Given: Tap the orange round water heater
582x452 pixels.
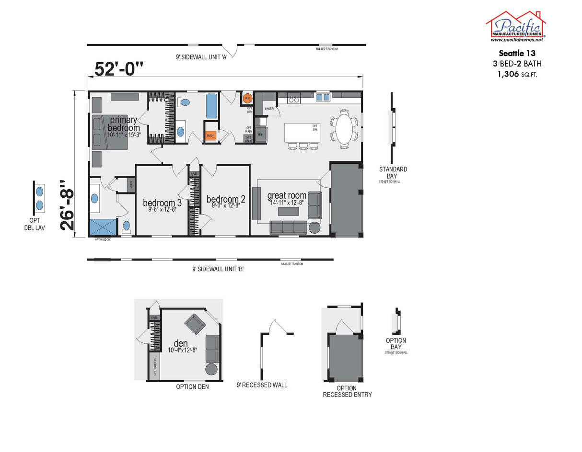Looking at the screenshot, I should pyautogui.click(x=247, y=99).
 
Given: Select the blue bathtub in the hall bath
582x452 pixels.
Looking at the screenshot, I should pyautogui.click(x=211, y=106).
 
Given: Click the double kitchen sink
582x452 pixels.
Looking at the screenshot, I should pyautogui.click(x=323, y=97).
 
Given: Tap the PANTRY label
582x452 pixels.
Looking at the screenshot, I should pyautogui.click(x=269, y=109).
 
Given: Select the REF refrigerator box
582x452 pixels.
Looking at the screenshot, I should pyautogui.click(x=261, y=135).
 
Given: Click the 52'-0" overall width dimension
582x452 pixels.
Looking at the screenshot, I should pyautogui.click(x=119, y=69).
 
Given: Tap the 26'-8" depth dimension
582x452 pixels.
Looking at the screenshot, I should pyautogui.click(x=68, y=205).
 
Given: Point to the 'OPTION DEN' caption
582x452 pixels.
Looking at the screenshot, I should pyautogui.click(x=192, y=387).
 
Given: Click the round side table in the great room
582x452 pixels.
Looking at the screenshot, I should pyautogui.click(x=314, y=227).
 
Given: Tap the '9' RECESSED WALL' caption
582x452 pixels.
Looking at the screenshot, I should pyautogui.click(x=262, y=385).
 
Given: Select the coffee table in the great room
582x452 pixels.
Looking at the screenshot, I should pyautogui.click(x=288, y=211).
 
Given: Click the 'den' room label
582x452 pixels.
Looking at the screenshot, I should pyautogui.click(x=181, y=343).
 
